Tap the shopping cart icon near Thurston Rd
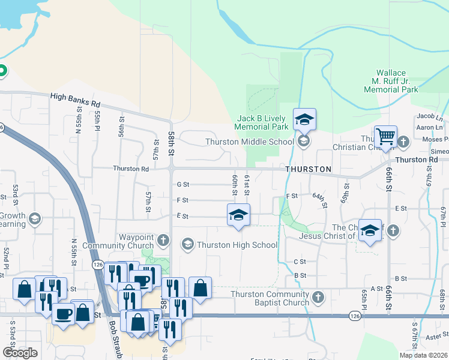(x=385, y=136)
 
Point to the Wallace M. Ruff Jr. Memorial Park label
(x=391, y=81)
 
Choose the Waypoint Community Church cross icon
(x=162, y=241)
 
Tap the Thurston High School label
(x=237, y=245)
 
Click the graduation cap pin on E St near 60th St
(x=238, y=215)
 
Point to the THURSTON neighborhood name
(x=308, y=169)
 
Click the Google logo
(x=20, y=353)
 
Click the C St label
(x=300, y=262)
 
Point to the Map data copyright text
(x=423, y=355)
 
